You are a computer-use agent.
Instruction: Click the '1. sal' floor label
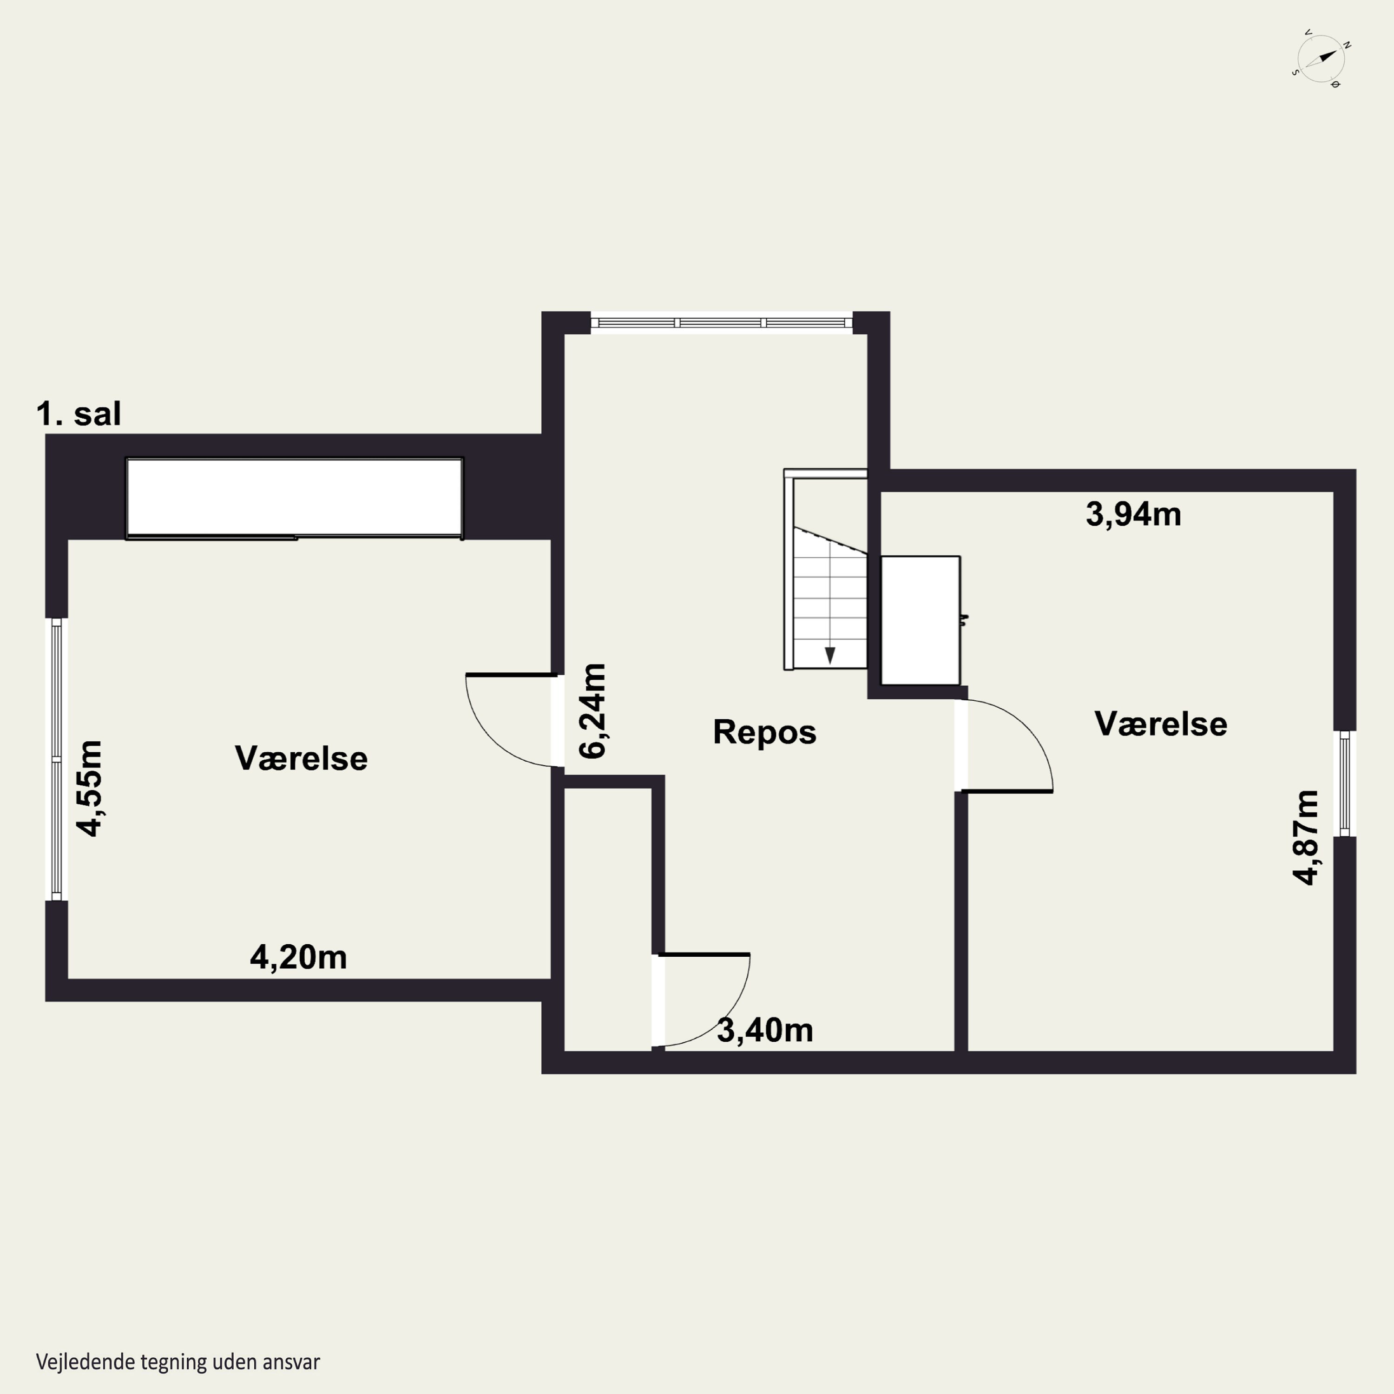click(79, 414)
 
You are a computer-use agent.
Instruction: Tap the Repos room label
click(764, 732)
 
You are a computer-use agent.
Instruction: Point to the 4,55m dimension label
click(90, 788)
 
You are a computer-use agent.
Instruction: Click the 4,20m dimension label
click(298, 958)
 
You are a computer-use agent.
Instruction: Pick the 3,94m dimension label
click(1133, 514)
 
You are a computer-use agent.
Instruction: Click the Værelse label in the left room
click(301, 758)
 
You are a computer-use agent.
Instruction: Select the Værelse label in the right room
click(1161, 723)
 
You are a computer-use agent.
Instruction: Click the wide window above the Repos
click(722, 322)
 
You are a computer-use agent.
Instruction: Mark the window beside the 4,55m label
click(56, 759)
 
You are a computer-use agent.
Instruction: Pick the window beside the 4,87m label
click(1344, 783)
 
